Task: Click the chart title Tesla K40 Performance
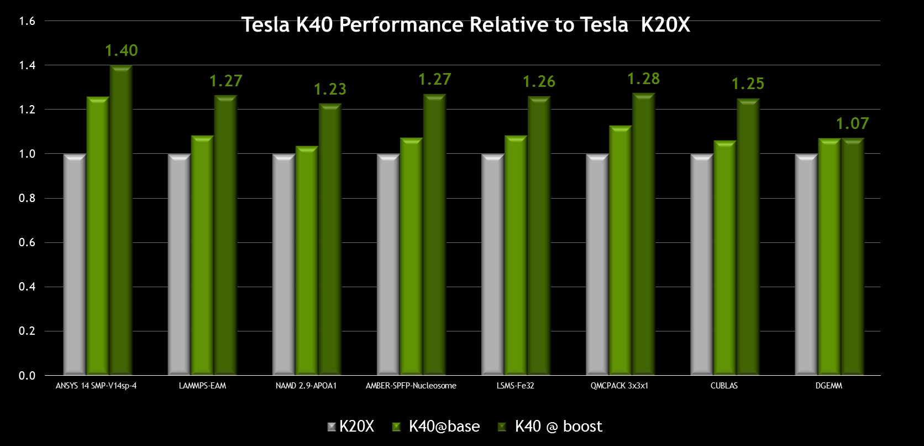(465, 25)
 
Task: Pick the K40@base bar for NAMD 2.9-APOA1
(307, 260)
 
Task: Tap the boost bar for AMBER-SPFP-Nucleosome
(434, 235)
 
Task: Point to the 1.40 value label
(121, 50)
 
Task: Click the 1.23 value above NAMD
(330, 89)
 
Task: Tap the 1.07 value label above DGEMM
(852, 123)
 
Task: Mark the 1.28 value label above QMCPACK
(643, 79)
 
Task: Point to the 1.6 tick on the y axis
(27, 21)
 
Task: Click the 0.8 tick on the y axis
(27, 198)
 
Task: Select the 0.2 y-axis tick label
(27, 331)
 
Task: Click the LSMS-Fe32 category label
(515, 386)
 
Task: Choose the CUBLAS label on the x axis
(724, 386)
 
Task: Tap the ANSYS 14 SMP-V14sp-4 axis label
(96, 386)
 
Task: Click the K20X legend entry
(351, 427)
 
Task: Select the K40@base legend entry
(436, 427)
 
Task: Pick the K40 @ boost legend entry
(550, 427)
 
